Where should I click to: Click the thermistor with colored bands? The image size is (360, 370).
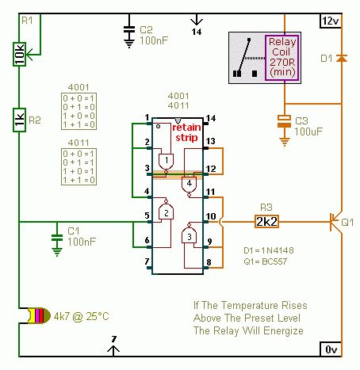[29, 316]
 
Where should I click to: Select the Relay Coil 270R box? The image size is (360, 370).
[283, 57]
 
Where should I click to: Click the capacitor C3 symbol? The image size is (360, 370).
[283, 123]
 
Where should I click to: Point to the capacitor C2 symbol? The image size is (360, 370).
[128, 32]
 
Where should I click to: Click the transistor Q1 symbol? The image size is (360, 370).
[336, 222]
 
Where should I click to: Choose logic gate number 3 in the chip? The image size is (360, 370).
[187, 236]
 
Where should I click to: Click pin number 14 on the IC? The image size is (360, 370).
[210, 119]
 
